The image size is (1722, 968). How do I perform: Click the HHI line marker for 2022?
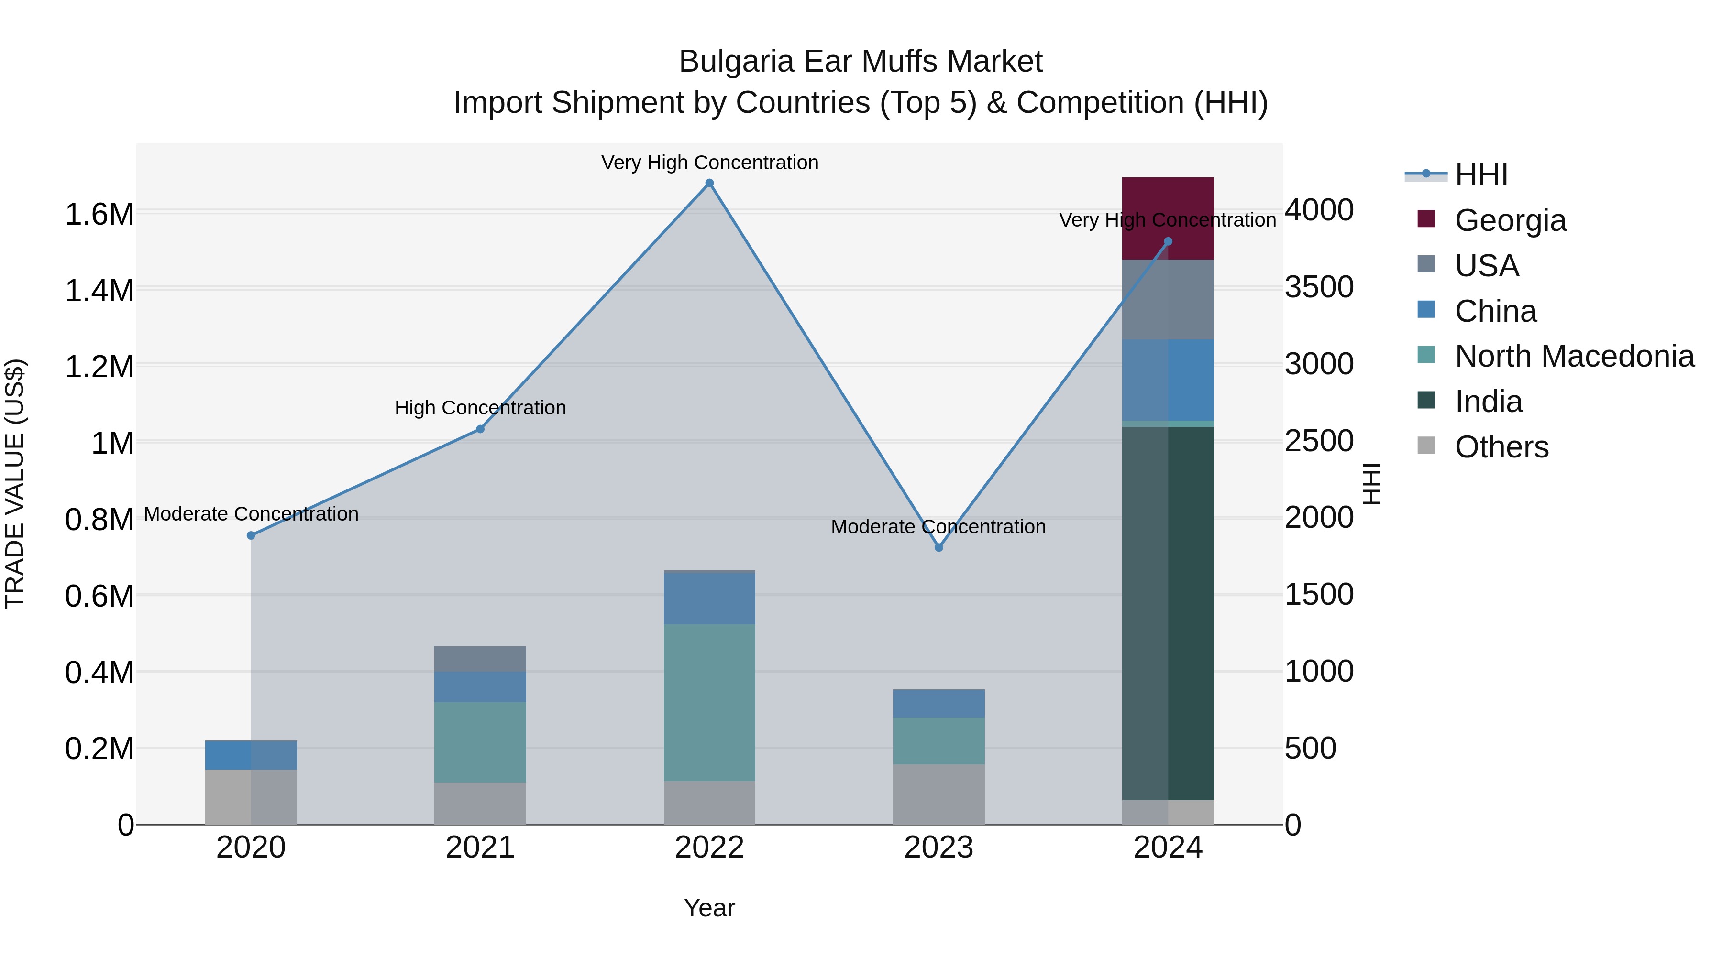709,183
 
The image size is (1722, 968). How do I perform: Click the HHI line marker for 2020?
251,535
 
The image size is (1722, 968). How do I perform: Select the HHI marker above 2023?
938,547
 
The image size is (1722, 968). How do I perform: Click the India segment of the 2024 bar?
1167,613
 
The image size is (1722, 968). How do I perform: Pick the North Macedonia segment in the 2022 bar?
709,702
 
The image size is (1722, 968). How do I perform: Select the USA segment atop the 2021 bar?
480,659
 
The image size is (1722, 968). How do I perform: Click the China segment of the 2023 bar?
938,704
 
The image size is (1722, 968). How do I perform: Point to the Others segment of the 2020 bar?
251,796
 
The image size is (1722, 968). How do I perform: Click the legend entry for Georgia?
1510,220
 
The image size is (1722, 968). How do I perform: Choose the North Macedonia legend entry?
1574,356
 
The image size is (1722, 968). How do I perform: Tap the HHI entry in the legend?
1480,175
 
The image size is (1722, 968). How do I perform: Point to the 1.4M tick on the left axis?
99,291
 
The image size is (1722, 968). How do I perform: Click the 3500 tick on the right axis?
1319,287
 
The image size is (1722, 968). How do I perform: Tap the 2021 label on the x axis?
480,848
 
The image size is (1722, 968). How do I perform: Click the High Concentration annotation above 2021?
480,407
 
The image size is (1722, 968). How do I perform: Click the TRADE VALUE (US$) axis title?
15,484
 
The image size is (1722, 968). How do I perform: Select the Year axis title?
709,908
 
